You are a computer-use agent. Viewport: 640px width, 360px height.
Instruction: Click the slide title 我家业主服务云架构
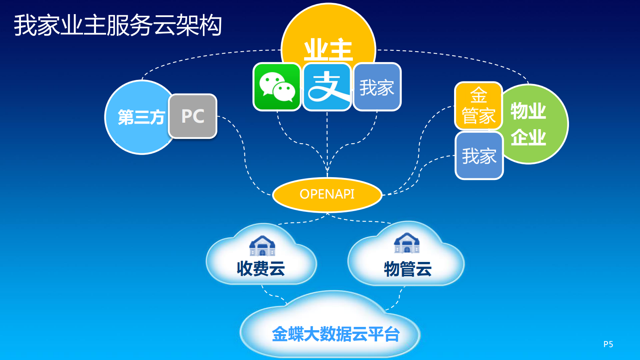(x=118, y=25)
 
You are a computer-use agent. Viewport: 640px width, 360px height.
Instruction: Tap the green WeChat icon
(x=277, y=87)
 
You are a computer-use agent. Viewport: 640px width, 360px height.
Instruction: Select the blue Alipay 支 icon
(x=327, y=87)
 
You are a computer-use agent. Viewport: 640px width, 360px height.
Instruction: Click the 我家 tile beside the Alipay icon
(x=377, y=87)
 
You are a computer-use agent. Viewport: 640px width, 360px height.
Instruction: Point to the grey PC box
(x=193, y=116)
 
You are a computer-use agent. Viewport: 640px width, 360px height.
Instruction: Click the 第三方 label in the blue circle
(x=141, y=117)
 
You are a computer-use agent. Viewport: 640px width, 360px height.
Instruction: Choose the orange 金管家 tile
(x=478, y=106)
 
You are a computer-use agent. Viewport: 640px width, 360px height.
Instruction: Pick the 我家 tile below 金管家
(x=479, y=156)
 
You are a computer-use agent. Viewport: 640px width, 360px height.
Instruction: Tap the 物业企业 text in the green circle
(x=528, y=124)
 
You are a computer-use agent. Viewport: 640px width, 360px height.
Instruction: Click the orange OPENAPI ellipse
(x=327, y=194)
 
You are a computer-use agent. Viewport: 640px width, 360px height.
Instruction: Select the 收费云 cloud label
(x=261, y=268)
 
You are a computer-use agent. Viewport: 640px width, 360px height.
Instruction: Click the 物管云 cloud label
(x=408, y=269)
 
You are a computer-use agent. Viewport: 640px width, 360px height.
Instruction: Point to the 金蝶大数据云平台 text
(x=336, y=334)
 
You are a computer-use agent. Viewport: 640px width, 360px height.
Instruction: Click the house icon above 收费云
(x=262, y=245)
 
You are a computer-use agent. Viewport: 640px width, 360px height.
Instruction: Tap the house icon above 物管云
(x=407, y=243)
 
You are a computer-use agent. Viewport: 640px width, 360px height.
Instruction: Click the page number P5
(x=608, y=344)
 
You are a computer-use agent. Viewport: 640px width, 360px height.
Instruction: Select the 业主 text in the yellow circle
(x=328, y=50)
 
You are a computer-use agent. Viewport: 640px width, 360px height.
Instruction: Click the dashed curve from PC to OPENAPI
(x=244, y=157)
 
